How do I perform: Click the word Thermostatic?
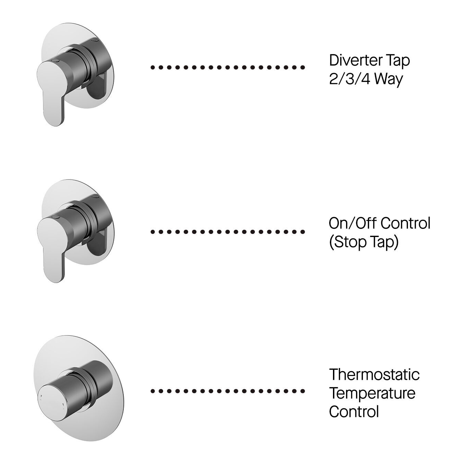point(374,374)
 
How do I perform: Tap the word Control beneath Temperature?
point(354,412)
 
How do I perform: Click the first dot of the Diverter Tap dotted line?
point(152,67)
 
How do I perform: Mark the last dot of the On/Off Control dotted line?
point(303,232)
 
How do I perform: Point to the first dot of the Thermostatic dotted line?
point(152,391)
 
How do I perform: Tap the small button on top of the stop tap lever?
point(56,217)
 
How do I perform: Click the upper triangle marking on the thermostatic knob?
point(42,396)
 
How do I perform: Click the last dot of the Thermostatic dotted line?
point(303,391)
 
